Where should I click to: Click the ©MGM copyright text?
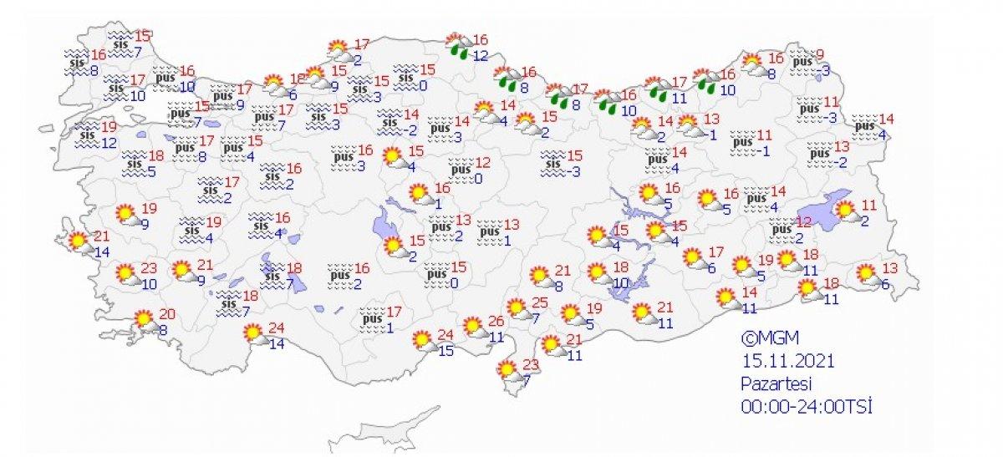(x=771, y=338)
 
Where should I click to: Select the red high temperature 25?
(x=541, y=302)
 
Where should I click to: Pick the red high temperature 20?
(x=167, y=314)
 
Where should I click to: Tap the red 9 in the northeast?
(x=820, y=55)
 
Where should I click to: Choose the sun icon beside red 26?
(x=474, y=328)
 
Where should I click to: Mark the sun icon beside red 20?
(x=145, y=320)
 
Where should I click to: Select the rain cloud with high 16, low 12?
(x=457, y=45)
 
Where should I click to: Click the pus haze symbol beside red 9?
(x=802, y=61)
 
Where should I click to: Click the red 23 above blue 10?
(x=149, y=269)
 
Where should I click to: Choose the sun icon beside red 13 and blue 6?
(x=866, y=274)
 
